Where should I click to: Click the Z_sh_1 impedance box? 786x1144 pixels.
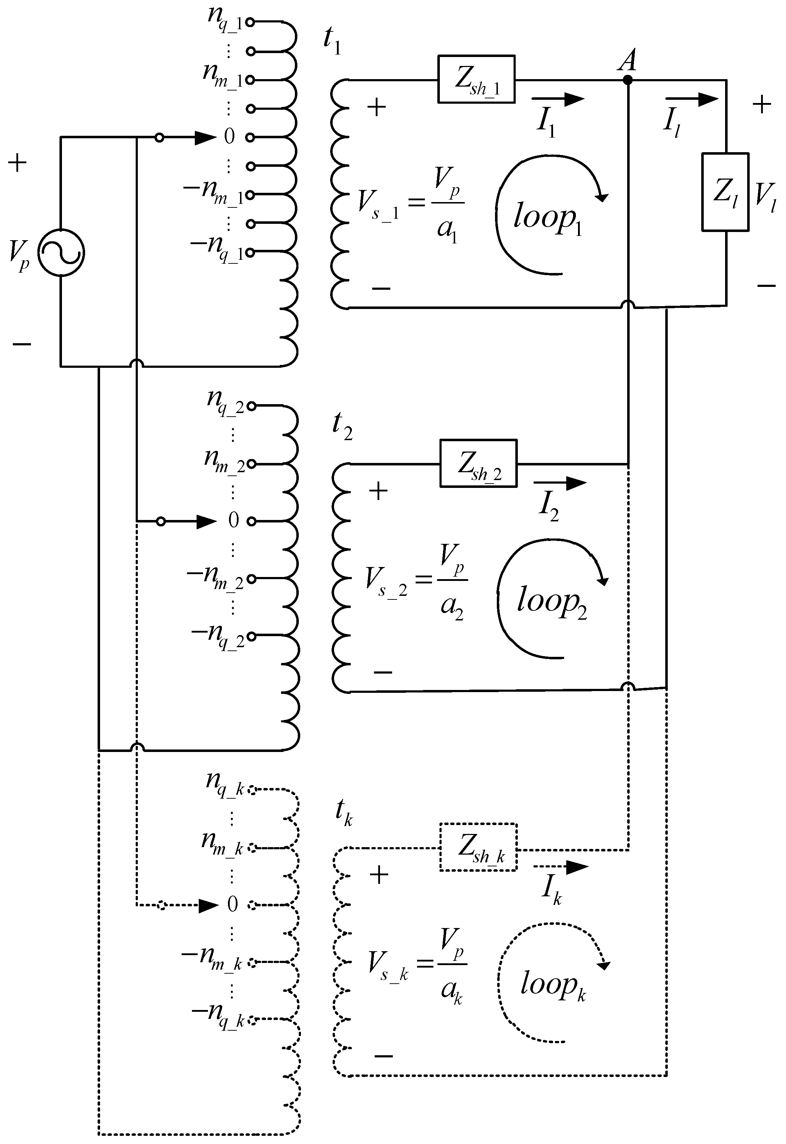click(x=476, y=79)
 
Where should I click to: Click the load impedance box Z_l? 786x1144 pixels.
click(x=725, y=192)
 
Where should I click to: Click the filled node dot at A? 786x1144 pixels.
click(x=628, y=79)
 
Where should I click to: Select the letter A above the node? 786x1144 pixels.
click(x=628, y=60)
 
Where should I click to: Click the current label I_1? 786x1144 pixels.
click(x=546, y=121)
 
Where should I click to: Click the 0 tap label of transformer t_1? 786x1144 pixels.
click(x=229, y=136)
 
